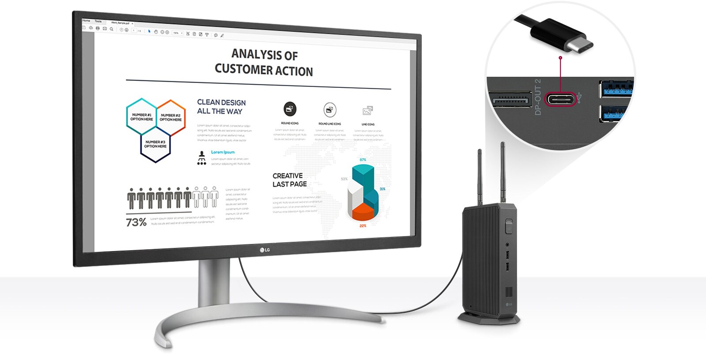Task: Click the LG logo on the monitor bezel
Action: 265,251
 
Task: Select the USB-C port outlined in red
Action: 560,98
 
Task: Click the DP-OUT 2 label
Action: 537,97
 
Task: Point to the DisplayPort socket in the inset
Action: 510,99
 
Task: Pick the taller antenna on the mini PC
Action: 503,172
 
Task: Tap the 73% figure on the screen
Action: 136,222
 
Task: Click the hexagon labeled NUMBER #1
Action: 142,116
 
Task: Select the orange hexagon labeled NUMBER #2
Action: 171,117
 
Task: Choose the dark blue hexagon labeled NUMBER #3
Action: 155,144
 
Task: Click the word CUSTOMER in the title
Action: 244,69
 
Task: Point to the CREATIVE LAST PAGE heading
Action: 289,180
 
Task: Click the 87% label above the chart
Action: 363,160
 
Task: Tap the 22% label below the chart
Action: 363,226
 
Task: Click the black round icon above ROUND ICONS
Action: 290,109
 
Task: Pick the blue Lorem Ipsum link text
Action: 223,152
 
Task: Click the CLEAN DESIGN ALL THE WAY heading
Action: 221,107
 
